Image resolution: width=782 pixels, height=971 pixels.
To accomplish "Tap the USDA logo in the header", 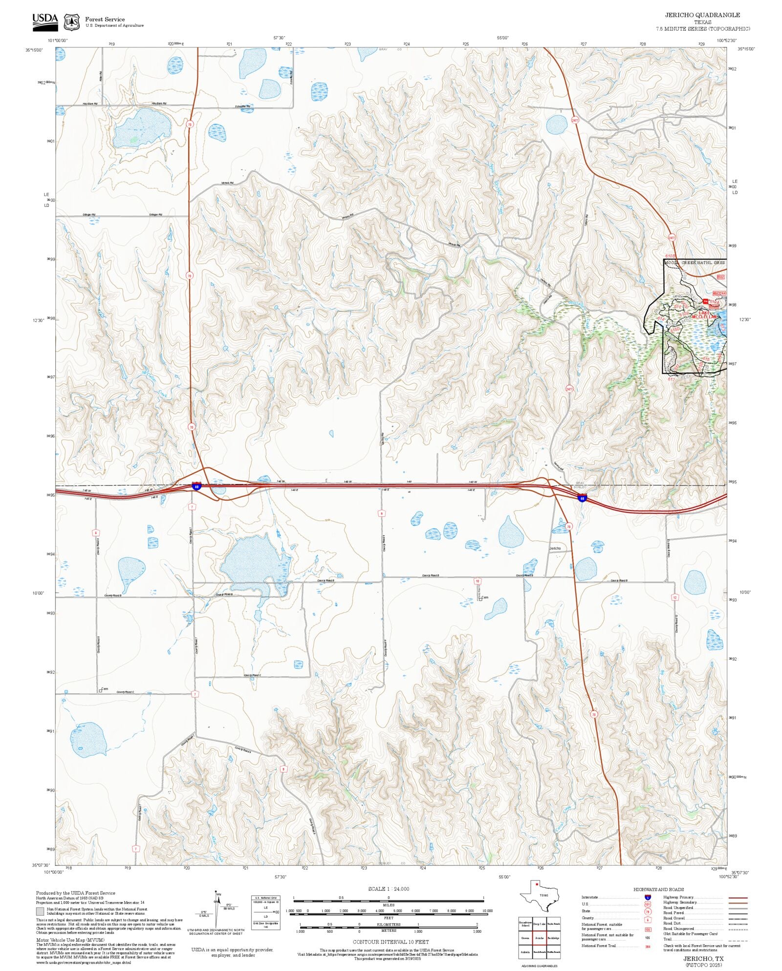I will click(x=45, y=22).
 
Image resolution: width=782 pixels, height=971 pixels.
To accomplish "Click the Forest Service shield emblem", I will click(x=71, y=22).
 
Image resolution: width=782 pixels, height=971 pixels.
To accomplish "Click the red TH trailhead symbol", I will click(x=705, y=301).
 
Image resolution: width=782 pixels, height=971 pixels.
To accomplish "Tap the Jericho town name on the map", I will click(x=555, y=549).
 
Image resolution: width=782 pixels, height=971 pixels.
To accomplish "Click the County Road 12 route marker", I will click(x=675, y=597).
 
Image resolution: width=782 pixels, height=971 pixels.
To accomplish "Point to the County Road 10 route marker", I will click(x=477, y=581).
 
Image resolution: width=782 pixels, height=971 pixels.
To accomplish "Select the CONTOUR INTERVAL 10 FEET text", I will click(x=391, y=942).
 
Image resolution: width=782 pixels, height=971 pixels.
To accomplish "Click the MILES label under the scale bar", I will click(x=389, y=905).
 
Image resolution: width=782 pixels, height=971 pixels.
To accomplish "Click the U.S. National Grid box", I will click(x=266, y=912).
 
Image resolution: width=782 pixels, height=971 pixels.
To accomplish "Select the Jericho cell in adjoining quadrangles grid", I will click(x=539, y=938).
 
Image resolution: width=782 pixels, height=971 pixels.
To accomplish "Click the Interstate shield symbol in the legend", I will click(x=648, y=898).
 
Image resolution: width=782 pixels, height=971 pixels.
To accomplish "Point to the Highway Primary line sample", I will click(x=738, y=898).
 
